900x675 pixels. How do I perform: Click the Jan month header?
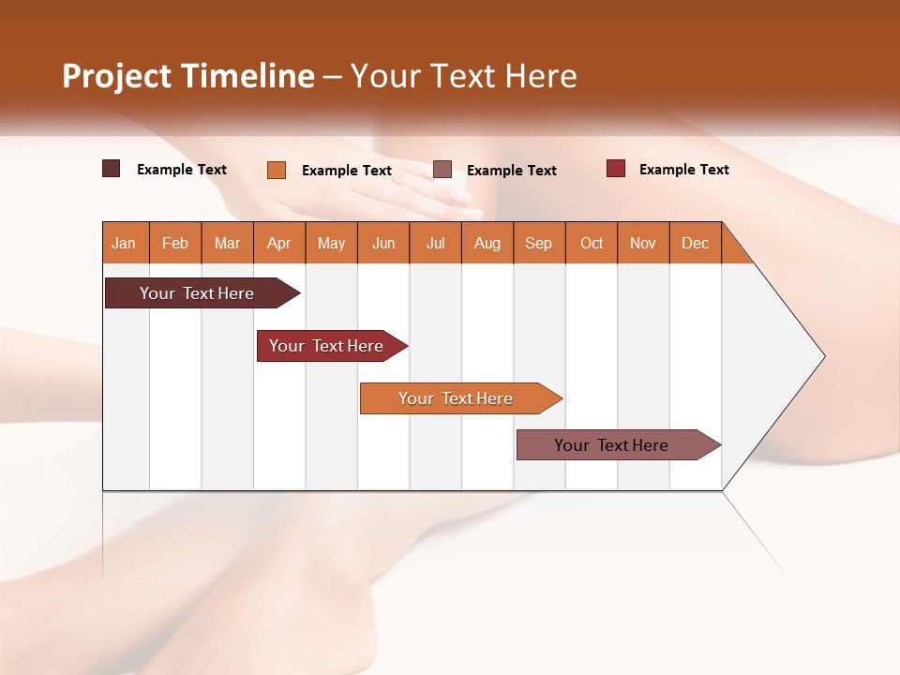[124, 243]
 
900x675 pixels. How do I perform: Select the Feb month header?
[175, 243]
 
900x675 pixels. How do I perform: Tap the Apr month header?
[278, 243]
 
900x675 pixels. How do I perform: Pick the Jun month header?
[383, 243]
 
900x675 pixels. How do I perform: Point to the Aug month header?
[487, 243]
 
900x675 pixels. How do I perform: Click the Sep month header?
[538, 243]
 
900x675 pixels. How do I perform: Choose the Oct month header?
[592, 243]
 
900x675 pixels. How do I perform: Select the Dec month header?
[695, 243]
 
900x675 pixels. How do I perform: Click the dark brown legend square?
[111, 169]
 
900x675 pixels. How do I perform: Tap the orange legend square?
[276, 170]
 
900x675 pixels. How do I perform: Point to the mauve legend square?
[442, 169]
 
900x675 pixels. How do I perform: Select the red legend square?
[615, 169]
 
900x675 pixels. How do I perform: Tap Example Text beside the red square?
[683, 170]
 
